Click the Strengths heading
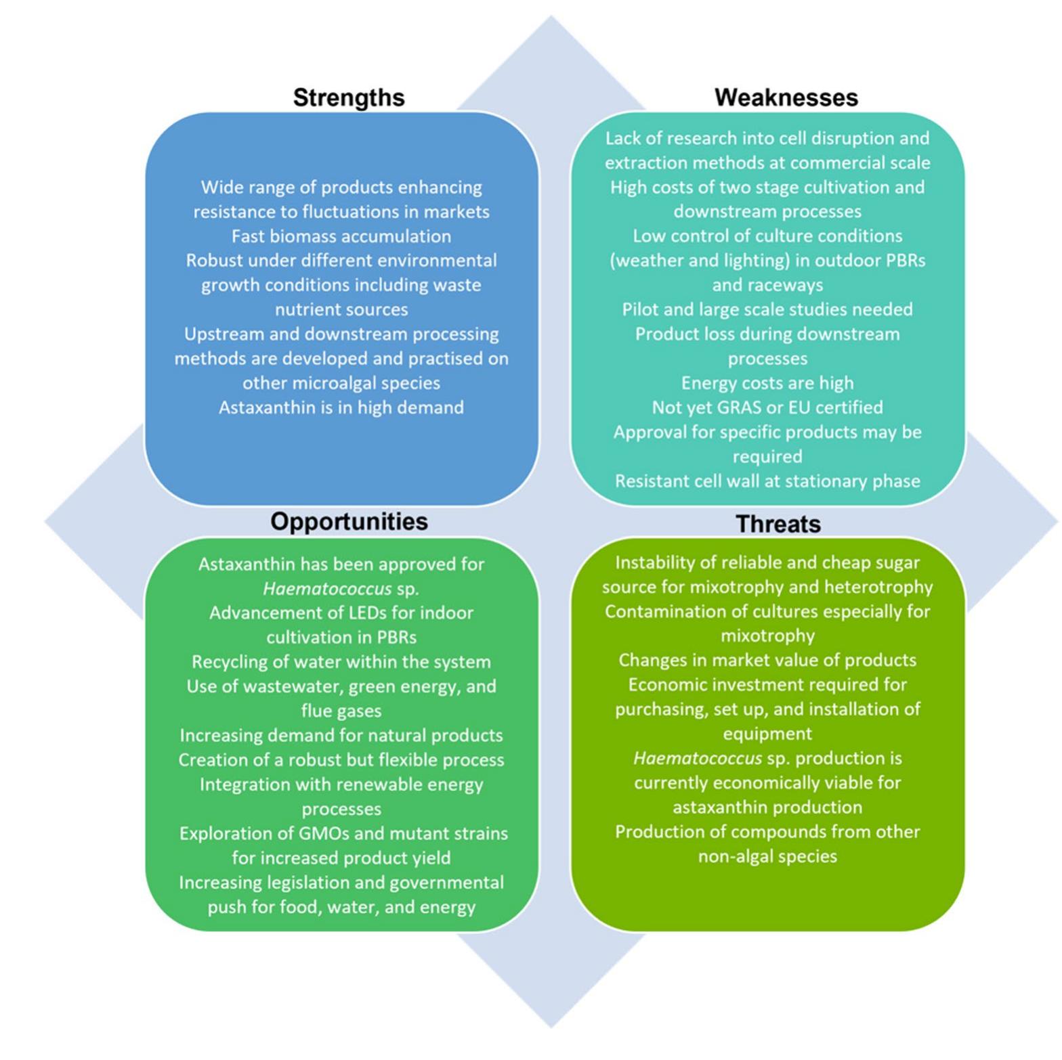348,97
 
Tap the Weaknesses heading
786,97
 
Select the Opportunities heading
349,521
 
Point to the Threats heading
778,524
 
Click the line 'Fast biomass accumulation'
341,236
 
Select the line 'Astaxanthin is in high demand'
341,407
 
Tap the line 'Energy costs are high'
767,383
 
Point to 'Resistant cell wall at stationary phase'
767,481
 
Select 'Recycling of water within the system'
341,662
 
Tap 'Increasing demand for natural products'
341,736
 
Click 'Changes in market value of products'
767,661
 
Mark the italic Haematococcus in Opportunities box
327,589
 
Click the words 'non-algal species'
767,856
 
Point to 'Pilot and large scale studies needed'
767,309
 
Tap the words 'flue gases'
341,711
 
